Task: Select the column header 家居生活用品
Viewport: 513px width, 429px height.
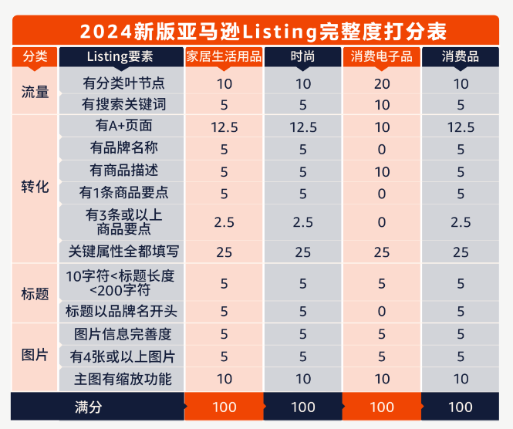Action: [224, 57]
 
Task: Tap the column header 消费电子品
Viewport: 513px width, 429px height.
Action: [382, 57]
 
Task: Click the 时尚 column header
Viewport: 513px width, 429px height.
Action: [303, 57]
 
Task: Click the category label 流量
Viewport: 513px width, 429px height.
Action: [35, 93]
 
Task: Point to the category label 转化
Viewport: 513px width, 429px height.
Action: [35, 187]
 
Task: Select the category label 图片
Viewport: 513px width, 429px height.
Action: [35, 356]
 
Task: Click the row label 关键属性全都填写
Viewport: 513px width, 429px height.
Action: [123, 252]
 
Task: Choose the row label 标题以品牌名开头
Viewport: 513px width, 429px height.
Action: [122, 311]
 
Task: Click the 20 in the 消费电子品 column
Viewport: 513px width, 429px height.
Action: [382, 83]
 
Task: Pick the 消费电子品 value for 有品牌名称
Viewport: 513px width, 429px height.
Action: [382, 149]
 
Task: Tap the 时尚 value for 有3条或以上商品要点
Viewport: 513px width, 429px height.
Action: [303, 222]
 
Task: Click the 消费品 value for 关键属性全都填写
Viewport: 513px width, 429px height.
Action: [461, 252]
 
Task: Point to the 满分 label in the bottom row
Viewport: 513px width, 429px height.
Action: [88, 407]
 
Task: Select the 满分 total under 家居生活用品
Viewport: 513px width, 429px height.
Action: [224, 407]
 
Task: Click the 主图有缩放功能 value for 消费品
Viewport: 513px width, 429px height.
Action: [461, 378]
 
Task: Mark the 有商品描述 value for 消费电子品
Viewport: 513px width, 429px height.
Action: [382, 171]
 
